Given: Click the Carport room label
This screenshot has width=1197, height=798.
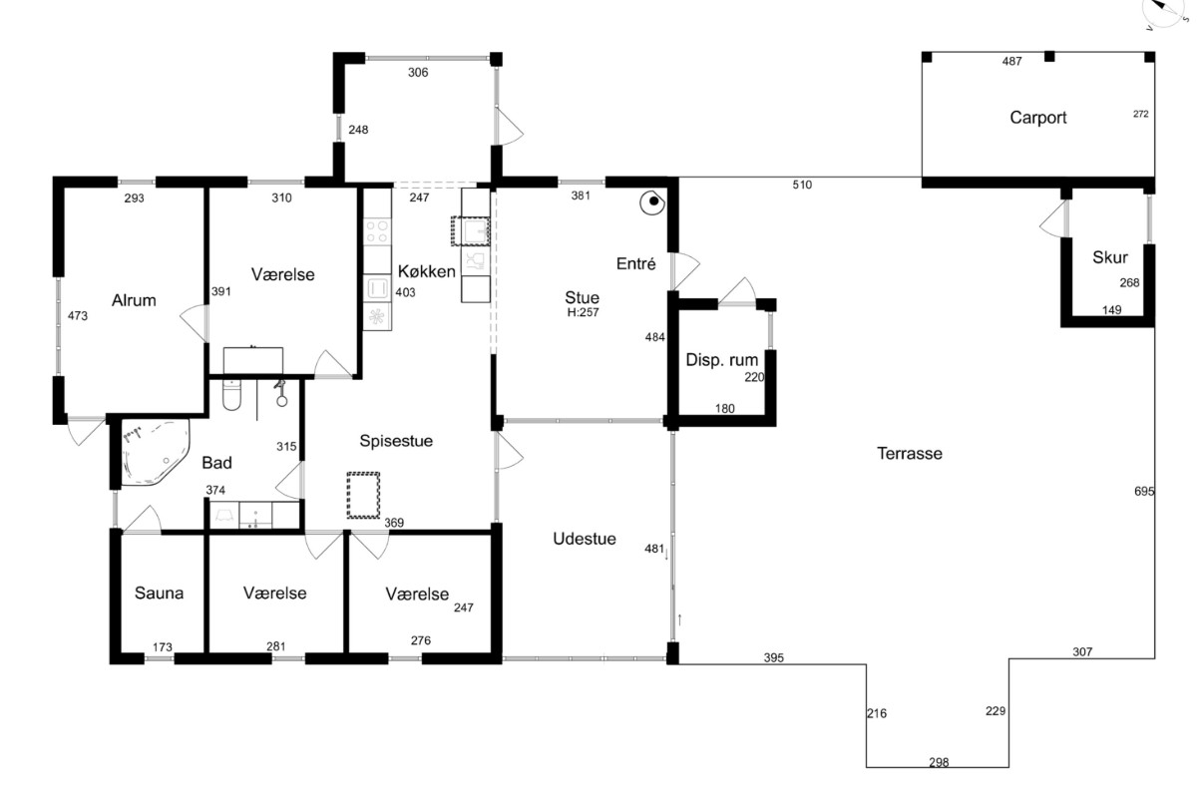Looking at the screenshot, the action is point(1037,118).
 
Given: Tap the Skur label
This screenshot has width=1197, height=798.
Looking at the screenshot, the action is point(1110,257).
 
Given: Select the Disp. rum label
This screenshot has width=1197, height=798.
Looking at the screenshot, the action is point(721,360).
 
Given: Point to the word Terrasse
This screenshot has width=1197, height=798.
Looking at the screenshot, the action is point(910,454).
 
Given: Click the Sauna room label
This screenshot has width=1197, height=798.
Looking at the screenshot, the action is point(159,593).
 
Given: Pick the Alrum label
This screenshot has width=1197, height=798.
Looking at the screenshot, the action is point(134,300).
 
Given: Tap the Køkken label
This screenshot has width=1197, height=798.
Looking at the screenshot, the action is point(427,271).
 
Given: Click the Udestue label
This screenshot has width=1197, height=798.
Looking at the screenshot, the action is point(585,539).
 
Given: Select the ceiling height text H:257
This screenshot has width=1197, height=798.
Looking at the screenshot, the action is point(583,312).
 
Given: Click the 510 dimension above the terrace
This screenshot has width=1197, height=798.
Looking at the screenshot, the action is point(802,185).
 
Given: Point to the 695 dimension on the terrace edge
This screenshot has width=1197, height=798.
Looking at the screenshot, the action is point(1144,491).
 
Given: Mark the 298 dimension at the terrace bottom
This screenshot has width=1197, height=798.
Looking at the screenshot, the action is point(939,763).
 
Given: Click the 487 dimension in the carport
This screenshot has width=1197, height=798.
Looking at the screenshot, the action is point(1011,62).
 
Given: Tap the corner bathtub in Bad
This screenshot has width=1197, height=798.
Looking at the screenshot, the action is point(155,452).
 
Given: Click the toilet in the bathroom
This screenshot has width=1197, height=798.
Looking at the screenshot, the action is point(231,394).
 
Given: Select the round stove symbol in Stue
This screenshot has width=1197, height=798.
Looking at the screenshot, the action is point(652,202).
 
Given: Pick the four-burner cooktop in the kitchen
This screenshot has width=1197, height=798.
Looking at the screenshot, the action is point(377,232).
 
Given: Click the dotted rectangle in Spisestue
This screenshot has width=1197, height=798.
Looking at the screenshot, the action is point(363,496).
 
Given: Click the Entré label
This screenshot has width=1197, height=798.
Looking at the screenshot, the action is point(635,263).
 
